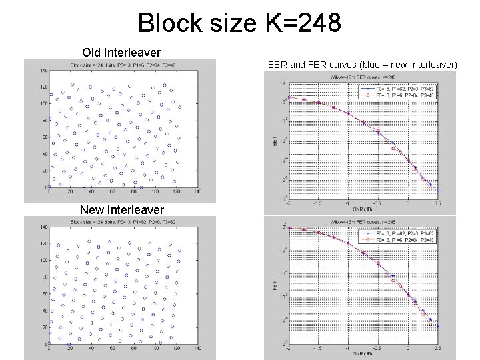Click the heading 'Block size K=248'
(x=239, y=24)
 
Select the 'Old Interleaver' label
(x=121, y=52)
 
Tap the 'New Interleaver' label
(x=121, y=210)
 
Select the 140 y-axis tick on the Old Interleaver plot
(x=43, y=70)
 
